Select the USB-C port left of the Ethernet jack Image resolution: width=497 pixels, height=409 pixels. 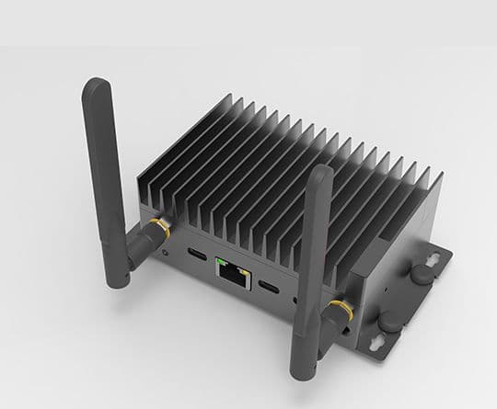click(x=196, y=255)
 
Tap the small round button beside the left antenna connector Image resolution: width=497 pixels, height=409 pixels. click(x=166, y=250)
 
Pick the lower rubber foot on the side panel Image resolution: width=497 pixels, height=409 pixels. click(x=390, y=322)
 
